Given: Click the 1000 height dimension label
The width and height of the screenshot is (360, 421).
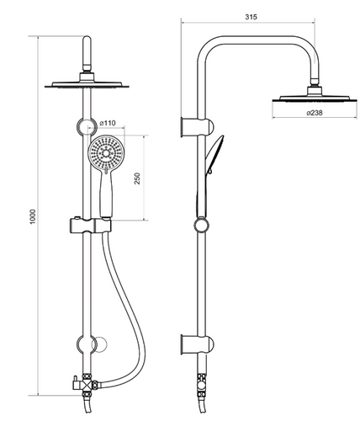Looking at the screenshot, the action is coord(33,216).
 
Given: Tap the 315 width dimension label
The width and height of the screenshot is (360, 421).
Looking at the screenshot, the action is coord(251,17).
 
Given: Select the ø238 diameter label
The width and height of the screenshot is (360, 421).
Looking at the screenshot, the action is coord(315,113).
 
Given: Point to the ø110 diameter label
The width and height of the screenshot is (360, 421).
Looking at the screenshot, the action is coord(108,123).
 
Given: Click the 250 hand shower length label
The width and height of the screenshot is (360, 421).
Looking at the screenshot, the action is coord(137,179).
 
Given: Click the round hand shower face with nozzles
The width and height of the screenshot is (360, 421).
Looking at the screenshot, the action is coord(106,153).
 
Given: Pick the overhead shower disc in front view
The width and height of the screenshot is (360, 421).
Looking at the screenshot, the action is coord(87,84).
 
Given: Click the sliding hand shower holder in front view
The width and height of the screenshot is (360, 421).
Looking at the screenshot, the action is coord(90,226).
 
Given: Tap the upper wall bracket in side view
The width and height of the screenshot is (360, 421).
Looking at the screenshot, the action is coord(198,127).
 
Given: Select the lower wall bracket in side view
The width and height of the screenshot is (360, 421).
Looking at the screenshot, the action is coord(198,345).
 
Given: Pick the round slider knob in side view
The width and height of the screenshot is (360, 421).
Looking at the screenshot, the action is coord(202,225).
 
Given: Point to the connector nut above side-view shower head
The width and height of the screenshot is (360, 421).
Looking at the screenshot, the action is coord(315,82).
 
